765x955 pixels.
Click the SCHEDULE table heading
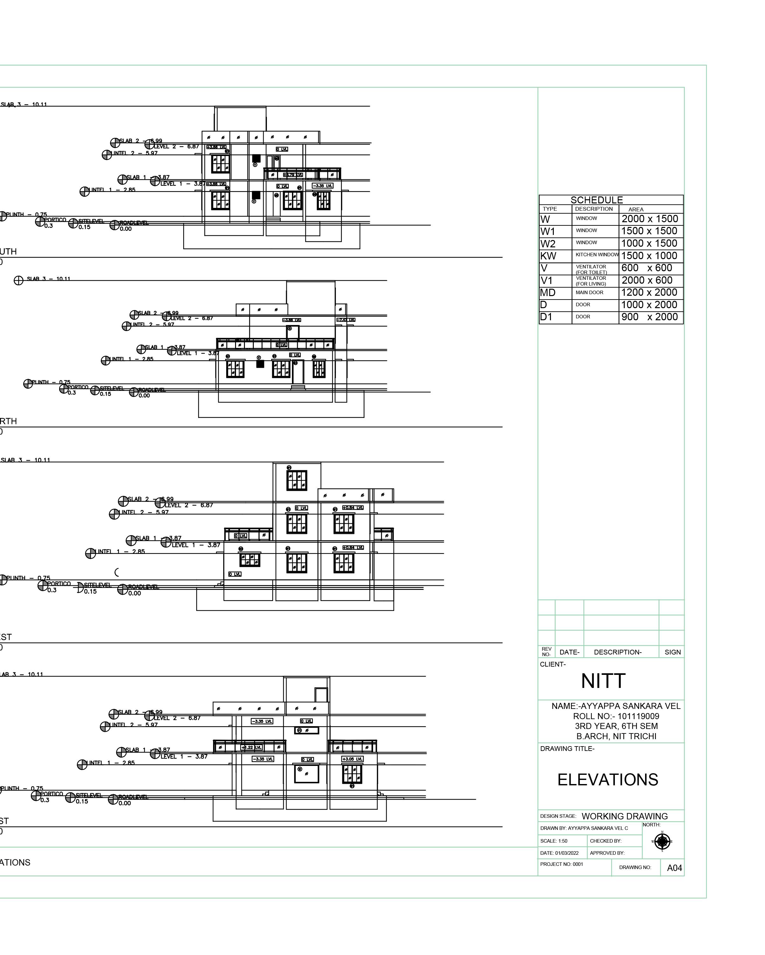596,200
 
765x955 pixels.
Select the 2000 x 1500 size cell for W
650,219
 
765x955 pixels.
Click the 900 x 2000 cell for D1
650,317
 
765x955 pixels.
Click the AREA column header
636,209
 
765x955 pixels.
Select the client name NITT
603,681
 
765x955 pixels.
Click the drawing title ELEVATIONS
608,780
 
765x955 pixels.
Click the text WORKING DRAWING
624,816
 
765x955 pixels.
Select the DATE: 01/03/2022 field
559,853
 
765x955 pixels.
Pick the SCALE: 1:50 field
553,841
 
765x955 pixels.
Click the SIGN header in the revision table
672,652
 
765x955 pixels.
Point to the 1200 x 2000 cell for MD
650,292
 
